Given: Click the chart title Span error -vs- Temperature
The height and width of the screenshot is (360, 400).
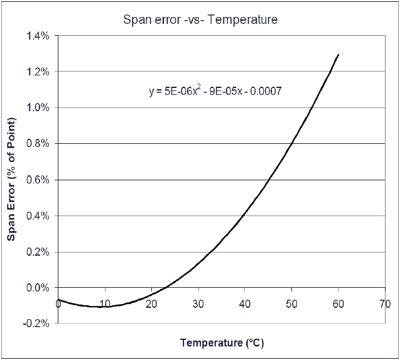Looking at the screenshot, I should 200,19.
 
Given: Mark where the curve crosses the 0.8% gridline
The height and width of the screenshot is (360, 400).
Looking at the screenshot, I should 292,144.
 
